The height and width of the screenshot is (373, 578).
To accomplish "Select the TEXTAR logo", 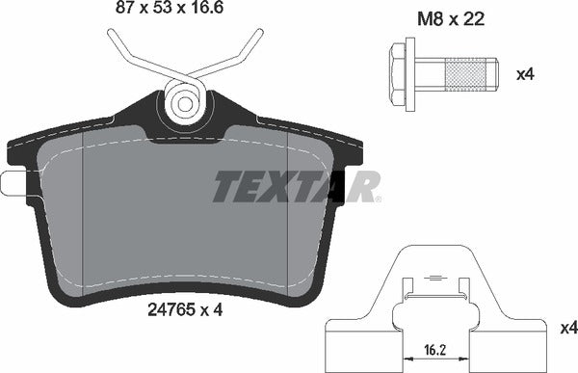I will pos(295,185).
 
